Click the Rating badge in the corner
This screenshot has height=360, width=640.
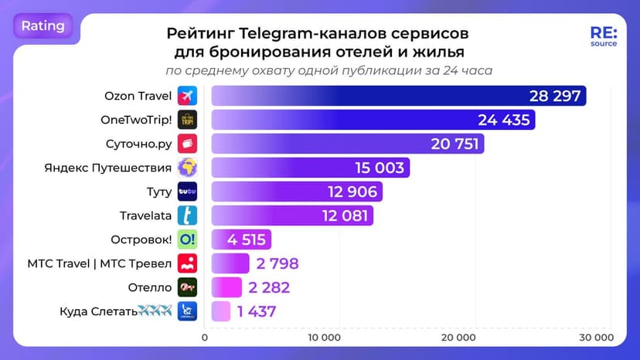(43, 25)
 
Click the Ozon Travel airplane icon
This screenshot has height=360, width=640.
(187, 96)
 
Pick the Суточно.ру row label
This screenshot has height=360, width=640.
(138, 144)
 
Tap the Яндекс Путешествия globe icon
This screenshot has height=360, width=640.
(187, 168)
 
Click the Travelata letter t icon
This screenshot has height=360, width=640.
(187, 216)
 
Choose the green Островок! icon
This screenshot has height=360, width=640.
(187, 239)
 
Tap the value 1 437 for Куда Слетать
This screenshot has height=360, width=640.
(257, 311)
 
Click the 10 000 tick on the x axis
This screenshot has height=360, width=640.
(325, 338)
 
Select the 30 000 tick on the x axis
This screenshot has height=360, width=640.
(596, 338)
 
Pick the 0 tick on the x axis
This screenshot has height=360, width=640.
(205, 338)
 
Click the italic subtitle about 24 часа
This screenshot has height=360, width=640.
(329, 70)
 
